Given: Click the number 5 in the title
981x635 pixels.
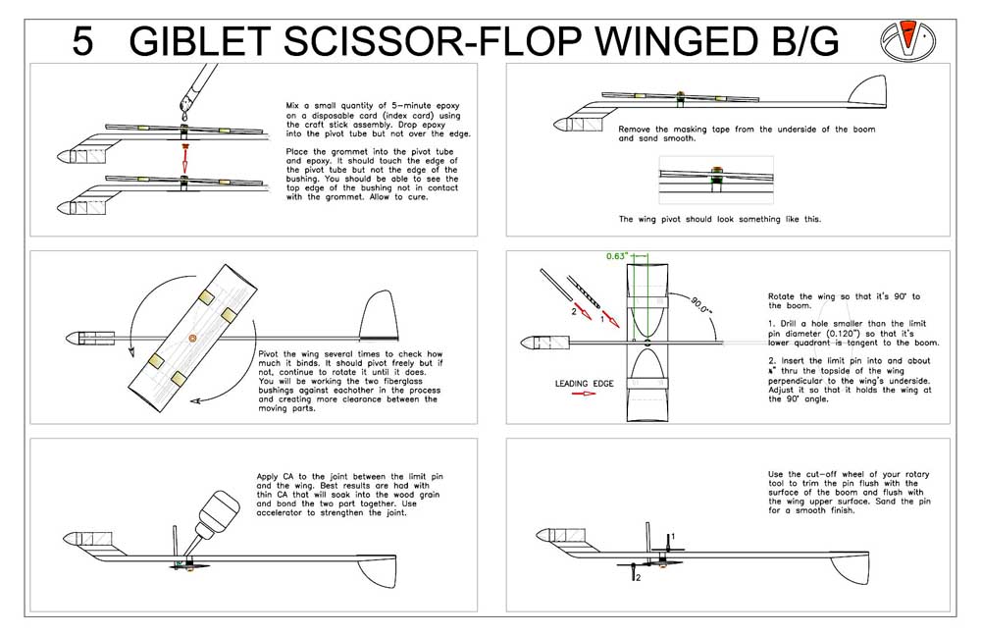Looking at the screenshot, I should (83, 40).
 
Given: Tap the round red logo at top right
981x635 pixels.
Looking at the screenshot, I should (913, 38).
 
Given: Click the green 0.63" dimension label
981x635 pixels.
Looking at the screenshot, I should (616, 256).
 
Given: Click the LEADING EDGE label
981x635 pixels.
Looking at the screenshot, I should (585, 384).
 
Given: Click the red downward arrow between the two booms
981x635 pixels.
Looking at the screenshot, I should (183, 155).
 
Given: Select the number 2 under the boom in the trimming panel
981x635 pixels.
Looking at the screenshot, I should (638, 577).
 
